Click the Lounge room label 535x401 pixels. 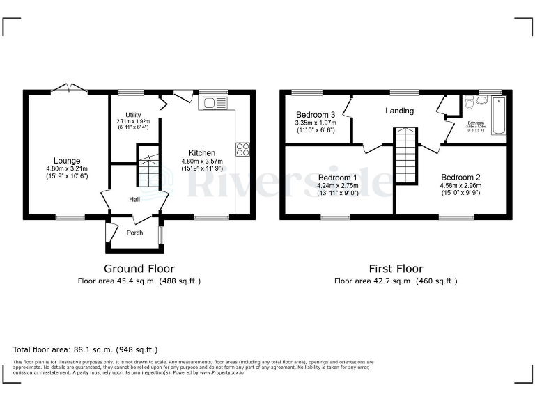tap(68, 161)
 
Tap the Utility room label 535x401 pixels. tap(134, 115)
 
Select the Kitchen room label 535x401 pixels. tap(202, 152)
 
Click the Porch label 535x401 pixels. tap(134, 233)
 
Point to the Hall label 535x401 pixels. tap(135, 199)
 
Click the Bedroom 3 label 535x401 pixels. tap(316, 115)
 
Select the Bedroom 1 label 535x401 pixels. tap(338, 178)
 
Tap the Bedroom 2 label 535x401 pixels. tap(460, 178)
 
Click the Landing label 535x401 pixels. tap(399, 111)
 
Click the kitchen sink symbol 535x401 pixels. tap(210, 104)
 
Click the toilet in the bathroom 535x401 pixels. tap(469, 103)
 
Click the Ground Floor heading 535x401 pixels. tap(139, 268)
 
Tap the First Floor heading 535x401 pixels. tap(396, 268)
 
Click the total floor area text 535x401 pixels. tap(86, 349)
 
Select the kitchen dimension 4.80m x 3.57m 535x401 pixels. tap(202, 161)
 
